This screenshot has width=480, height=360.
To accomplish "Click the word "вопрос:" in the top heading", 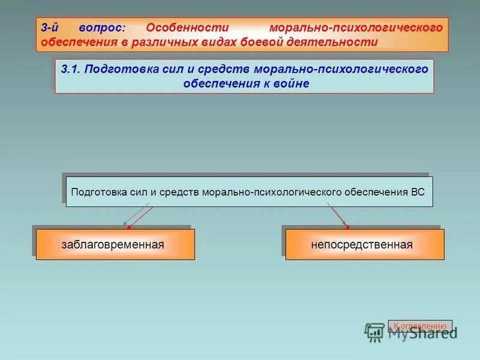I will click(x=102, y=28).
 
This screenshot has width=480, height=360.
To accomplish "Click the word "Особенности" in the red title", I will click(x=188, y=28).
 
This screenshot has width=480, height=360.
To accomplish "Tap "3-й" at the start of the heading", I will click(x=50, y=28).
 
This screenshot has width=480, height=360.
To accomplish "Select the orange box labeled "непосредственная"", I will click(x=365, y=244).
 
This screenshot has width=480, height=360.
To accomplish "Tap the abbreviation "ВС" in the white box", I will click(x=418, y=193).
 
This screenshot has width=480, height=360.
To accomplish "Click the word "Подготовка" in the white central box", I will click(x=98, y=193).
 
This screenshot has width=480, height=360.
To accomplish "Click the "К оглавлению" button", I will click(x=420, y=326).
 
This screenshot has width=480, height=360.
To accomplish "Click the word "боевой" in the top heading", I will click(x=260, y=42).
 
